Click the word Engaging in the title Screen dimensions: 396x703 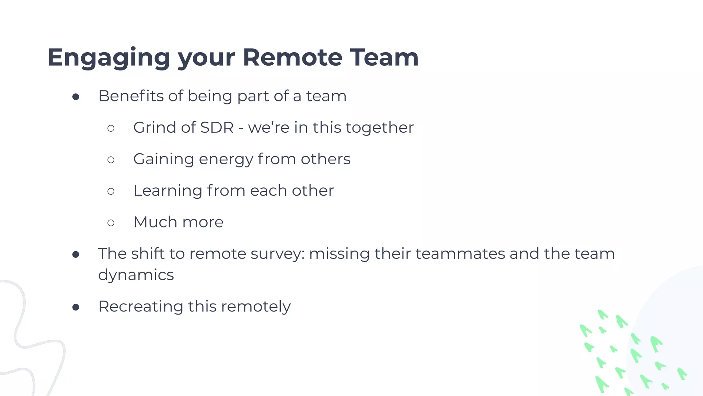(x=108, y=58)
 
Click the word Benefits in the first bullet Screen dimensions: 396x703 (x=131, y=96)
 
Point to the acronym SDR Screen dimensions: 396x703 (x=217, y=128)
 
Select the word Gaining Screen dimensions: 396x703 (x=164, y=159)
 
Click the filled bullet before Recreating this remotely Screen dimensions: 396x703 (x=76, y=307)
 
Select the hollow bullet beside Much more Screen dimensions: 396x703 (x=111, y=223)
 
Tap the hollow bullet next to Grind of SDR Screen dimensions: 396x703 (x=111, y=128)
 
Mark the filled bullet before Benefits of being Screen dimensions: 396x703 (x=76, y=97)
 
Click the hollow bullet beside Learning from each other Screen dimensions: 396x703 (x=111, y=191)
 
